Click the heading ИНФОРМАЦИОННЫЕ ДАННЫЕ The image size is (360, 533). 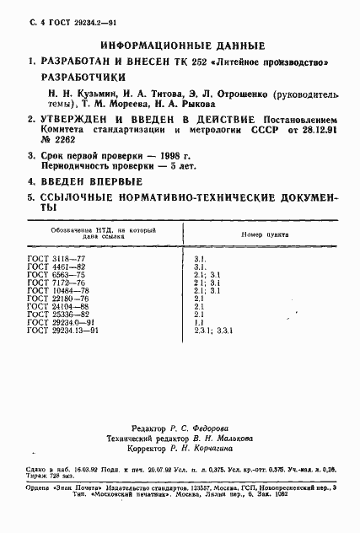pos(182,46)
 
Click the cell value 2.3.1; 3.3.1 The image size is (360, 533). pos(213,330)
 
